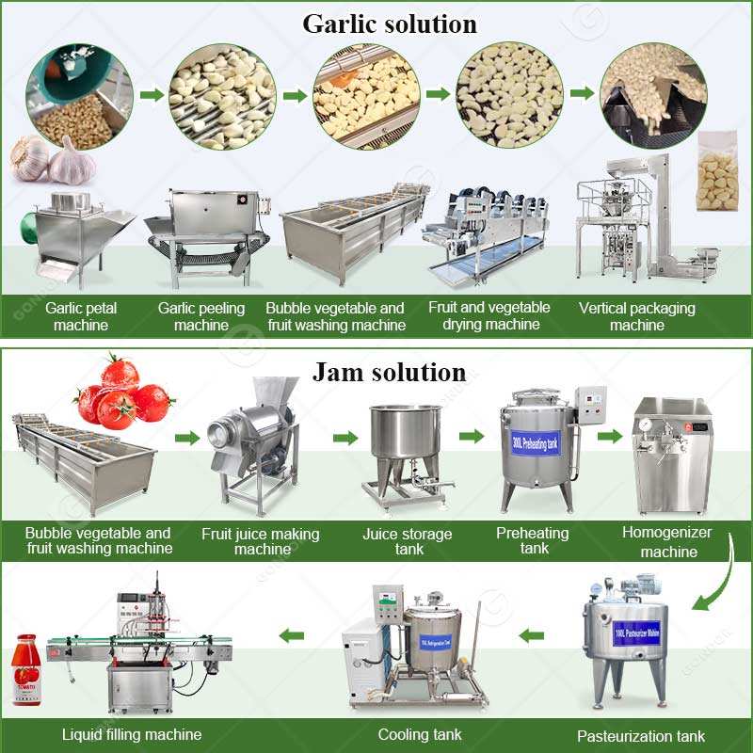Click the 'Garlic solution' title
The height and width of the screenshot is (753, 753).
click(389, 24)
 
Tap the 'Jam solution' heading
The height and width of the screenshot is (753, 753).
click(389, 372)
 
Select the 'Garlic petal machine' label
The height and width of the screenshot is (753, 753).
click(81, 316)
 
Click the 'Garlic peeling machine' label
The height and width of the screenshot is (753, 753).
click(201, 316)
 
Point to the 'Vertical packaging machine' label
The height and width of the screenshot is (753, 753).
click(637, 316)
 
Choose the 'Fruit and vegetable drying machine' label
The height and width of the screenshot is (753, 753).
click(489, 316)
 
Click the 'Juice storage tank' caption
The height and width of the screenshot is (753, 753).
click(408, 541)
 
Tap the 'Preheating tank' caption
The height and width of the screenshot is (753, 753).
click(534, 540)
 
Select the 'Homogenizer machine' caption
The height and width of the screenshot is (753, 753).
click(667, 541)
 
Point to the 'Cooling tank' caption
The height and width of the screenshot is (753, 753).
click(420, 734)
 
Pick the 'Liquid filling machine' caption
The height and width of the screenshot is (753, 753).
click(132, 734)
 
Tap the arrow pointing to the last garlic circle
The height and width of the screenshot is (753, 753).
click(582, 93)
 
